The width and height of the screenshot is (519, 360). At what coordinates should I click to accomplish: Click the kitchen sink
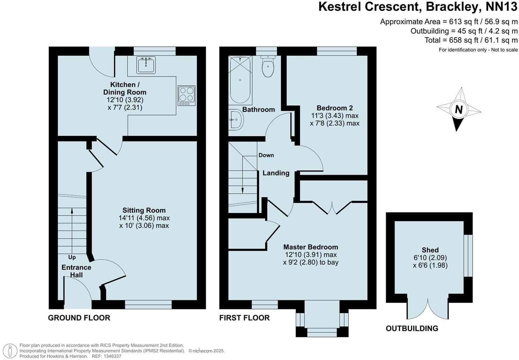[146, 65]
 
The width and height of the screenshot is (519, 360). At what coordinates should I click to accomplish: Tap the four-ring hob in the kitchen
[186, 96]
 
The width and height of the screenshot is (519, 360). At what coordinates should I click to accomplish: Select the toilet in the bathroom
[268, 67]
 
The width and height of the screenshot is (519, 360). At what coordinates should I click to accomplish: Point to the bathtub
[240, 80]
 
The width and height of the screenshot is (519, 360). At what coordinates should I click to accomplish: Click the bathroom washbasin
[236, 120]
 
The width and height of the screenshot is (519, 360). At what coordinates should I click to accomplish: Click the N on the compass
[459, 110]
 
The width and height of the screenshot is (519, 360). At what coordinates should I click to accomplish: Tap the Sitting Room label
[144, 210]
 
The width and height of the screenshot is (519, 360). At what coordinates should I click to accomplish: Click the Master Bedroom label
[310, 247]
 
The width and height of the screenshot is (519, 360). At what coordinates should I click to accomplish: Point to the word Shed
[430, 250]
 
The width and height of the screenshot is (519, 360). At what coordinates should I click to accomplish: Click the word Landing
[276, 173]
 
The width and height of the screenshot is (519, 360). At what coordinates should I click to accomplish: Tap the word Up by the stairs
[72, 257]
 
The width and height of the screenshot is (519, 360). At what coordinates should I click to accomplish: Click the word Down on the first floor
[266, 155]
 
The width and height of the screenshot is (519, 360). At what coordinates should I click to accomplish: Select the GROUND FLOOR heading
[79, 318]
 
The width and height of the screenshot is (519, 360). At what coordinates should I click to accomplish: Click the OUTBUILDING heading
[412, 328]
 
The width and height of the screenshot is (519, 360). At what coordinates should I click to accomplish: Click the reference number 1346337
[110, 356]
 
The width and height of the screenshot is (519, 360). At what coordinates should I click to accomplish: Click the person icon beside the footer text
[12, 350]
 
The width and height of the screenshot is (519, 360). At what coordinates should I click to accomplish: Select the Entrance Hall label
[76, 271]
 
